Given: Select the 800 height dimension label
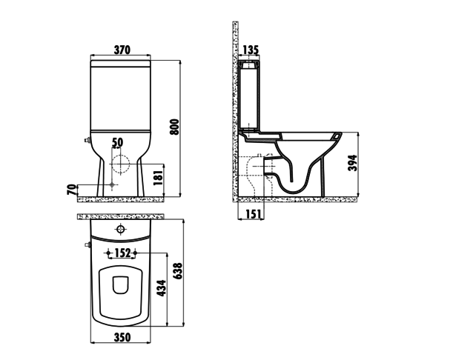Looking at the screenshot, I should tap(175, 127).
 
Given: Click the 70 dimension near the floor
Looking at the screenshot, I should tap(71, 190).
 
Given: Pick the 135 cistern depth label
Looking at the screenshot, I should tap(251, 50).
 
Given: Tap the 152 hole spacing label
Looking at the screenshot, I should tap(123, 253).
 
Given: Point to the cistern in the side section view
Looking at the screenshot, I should tap(251, 96).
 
